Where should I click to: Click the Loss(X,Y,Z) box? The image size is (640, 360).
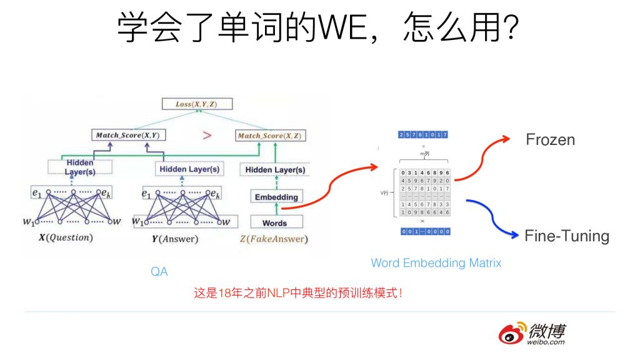click(196, 104)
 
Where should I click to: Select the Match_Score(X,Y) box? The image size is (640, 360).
click(127, 135)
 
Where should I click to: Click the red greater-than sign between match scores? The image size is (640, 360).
click(207, 135)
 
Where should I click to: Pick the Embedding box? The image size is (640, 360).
click(276, 197)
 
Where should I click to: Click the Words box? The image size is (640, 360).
click(275, 222)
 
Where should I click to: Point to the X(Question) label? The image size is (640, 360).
click(66, 238)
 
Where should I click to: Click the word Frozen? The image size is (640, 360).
click(550, 139)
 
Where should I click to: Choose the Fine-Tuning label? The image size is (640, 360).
click(566, 236)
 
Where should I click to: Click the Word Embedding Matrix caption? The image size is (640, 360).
click(436, 263)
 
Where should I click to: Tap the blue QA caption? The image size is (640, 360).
click(159, 272)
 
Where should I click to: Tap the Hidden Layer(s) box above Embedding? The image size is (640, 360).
click(275, 169)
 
